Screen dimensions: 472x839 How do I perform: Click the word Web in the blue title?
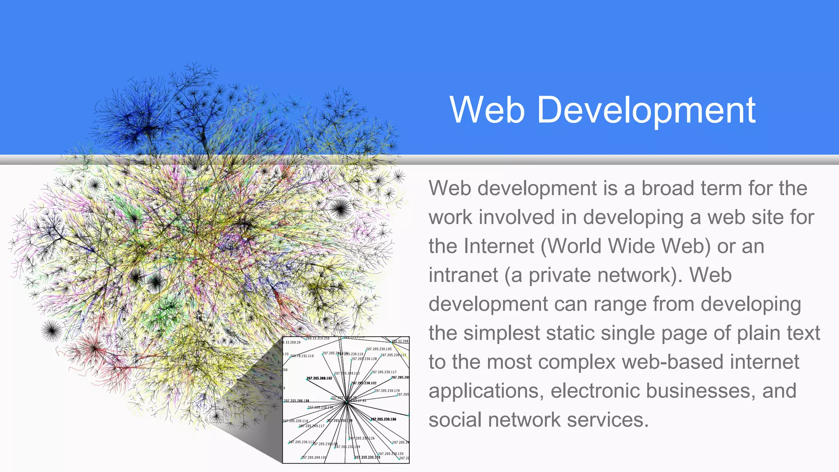[x=487, y=109]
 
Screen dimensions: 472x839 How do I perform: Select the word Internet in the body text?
[x=499, y=246]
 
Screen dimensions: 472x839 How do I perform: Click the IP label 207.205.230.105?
[x=379, y=349]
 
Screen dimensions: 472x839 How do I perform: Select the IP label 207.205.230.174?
[x=387, y=391]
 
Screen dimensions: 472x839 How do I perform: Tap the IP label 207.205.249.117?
[x=312, y=426]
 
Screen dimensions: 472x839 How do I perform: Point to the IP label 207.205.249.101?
[x=314, y=458]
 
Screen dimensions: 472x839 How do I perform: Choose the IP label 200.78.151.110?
[x=302, y=356]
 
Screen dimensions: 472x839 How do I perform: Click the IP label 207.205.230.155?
[x=391, y=454]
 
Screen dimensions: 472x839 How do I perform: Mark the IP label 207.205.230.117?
[x=384, y=372]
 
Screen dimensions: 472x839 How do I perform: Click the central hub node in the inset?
[x=346, y=402]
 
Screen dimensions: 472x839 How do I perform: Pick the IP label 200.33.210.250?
[x=318, y=338]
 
